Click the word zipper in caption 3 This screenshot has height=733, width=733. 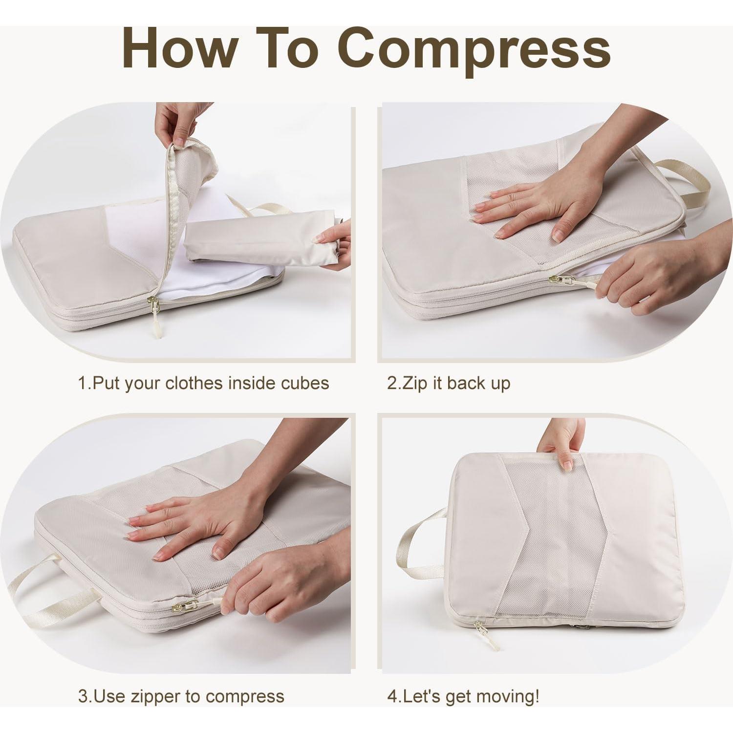point(155,696)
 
